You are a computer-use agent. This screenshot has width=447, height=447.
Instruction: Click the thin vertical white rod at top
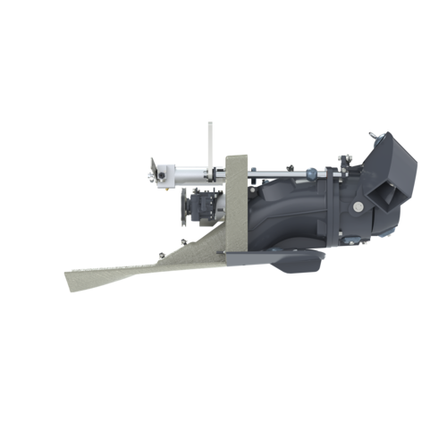[210, 143]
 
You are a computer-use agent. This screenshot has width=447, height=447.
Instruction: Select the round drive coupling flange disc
[184, 206]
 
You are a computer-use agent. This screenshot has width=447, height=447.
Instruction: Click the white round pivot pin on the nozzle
[358, 206]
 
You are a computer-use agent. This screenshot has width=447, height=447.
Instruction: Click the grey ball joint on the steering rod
[311, 172]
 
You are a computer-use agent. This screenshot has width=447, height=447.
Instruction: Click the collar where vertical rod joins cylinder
[210, 170]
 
